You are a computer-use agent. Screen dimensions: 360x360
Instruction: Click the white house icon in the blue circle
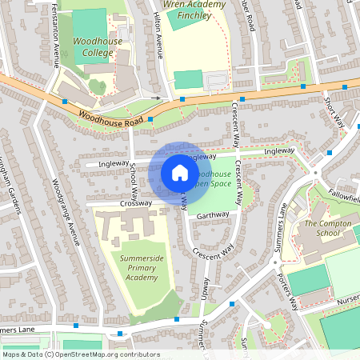pos(180,173)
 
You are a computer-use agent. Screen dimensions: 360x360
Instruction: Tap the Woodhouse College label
pos(94,46)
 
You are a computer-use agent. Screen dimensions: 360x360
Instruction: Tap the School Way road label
pos(134,177)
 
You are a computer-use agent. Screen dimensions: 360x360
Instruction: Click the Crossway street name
pos(114,203)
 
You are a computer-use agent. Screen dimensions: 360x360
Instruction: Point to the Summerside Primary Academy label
pos(135,267)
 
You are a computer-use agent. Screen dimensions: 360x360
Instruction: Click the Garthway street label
pos(212,214)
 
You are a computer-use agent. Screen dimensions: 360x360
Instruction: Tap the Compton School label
pos(327,229)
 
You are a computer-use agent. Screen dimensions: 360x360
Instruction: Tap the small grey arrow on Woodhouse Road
pos(157,98)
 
